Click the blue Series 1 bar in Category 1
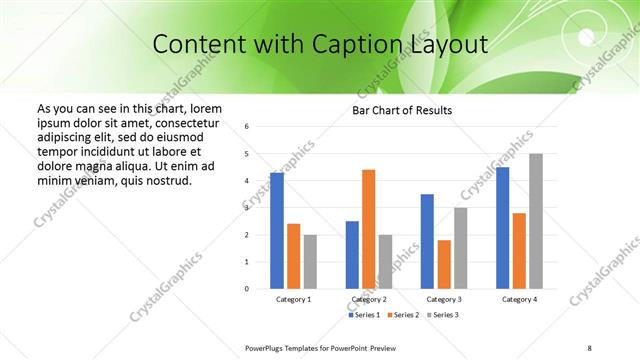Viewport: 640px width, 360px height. [277, 231]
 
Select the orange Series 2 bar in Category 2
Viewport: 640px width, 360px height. [368, 229]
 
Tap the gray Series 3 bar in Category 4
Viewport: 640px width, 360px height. [536, 221]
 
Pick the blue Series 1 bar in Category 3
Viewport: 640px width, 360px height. [427, 241]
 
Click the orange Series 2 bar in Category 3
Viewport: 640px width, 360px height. [444, 264]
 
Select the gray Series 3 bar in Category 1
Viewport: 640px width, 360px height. [310, 262]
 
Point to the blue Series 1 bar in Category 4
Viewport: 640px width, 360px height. [502, 228]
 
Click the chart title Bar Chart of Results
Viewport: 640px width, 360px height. [402, 110]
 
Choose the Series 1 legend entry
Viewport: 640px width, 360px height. [364, 315]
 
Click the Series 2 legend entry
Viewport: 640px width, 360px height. [402, 315]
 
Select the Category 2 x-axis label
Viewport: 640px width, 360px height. [368, 299]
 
